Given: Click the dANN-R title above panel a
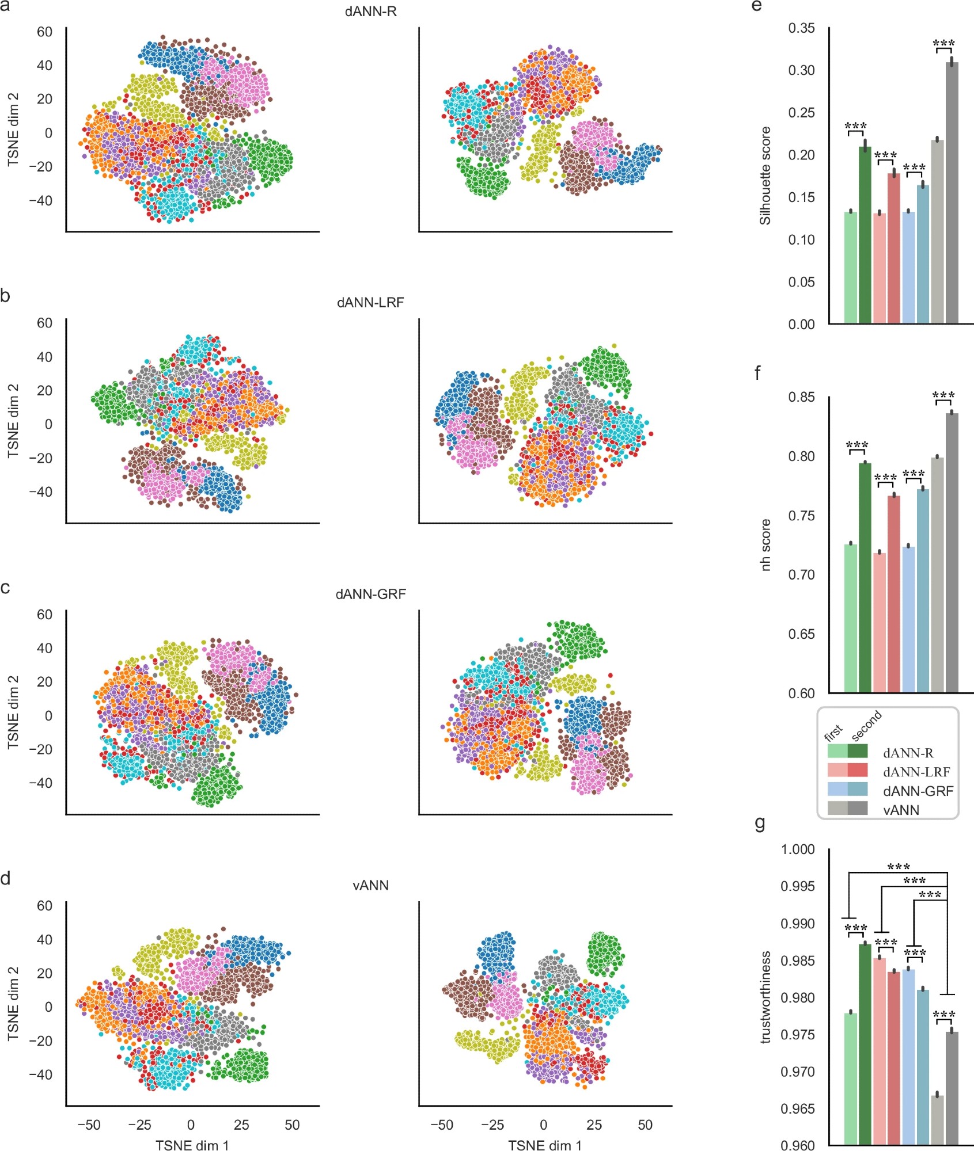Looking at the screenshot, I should pos(370,12).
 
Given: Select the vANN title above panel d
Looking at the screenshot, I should pos(370,885).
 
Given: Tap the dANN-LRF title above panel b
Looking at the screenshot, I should pos(370,303).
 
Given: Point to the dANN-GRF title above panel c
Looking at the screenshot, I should pos(370,594).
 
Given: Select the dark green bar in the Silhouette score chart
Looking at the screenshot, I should pos(865,236).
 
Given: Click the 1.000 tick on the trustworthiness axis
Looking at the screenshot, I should pos(798,849).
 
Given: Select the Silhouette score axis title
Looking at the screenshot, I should pos(765,176).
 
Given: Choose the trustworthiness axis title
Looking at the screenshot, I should pos(765,997).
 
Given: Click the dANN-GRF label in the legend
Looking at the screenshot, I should pos(918,791).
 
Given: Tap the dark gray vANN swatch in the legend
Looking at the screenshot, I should pos(858,809).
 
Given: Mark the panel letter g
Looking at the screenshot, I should pos(760,824).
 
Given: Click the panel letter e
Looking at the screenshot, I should pos(757,6).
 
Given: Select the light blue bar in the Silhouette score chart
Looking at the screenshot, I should pos(908,268).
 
